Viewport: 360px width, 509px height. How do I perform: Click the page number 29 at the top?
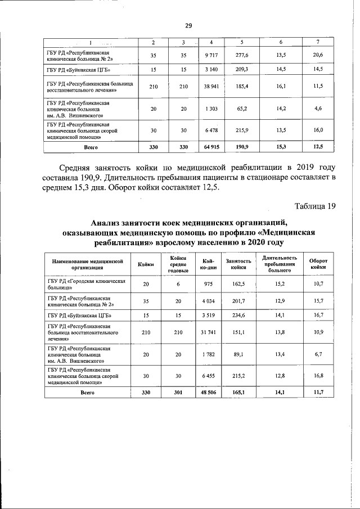tap(189, 25)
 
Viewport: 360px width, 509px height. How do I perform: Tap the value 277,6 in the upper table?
tap(243, 55)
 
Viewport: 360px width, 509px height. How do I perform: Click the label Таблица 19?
tap(315, 206)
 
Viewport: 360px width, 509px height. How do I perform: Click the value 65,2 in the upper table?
tap(243, 109)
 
